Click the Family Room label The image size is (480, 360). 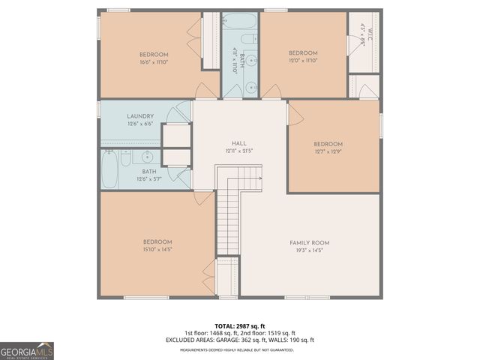coord(309,243)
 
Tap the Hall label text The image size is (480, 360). coord(239,143)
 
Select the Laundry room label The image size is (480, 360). coord(140,116)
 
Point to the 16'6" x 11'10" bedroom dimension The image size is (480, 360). coord(153,62)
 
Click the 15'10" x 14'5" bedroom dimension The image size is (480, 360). coord(157,250)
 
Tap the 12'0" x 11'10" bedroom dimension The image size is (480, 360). coord(303,61)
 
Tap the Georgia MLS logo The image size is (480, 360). coord(27,351)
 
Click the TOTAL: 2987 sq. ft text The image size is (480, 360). coord(239,326)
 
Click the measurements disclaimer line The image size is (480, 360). coord(239,349)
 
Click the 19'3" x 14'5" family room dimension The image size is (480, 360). coord(309,250)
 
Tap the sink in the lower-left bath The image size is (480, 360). coord(147,157)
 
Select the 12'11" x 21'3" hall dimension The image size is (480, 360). coord(239,151)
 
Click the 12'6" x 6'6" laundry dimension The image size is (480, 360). coord(140,124)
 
